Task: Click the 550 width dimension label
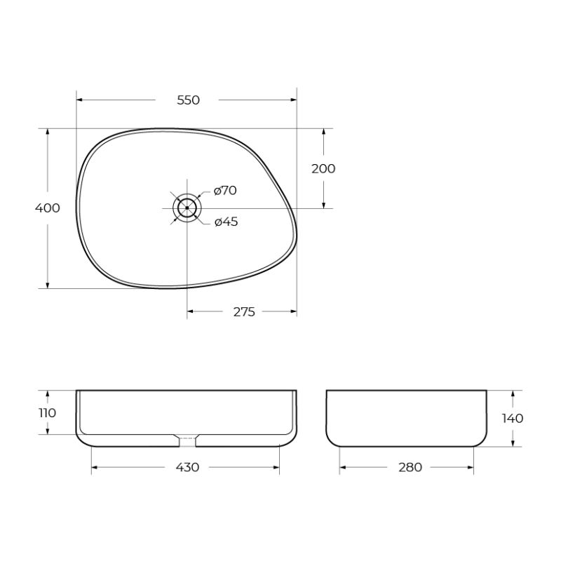[x=188, y=100]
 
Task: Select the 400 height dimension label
[x=48, y=208]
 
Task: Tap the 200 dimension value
[x=323, y=168]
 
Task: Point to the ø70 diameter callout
[x=225, y=190]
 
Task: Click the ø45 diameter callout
[x=226, y=222]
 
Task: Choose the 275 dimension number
[x=243, y=311]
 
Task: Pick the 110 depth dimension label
[x=47, y=412]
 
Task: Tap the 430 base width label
[x=187, y=468]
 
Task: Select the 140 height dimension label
[x=513, y=419]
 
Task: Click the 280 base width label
[x=410, y=468]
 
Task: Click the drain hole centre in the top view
[x=187, y=208]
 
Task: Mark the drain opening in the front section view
[x=187, y=440]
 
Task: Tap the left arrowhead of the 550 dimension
[x=79, y=100]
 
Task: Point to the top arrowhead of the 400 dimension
[x=48, y=132]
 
